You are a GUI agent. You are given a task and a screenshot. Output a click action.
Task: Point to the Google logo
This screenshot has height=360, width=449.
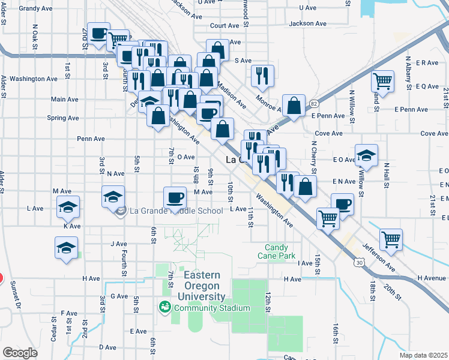(20, 353)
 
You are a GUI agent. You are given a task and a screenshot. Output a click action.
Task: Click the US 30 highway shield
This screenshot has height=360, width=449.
(359, 262)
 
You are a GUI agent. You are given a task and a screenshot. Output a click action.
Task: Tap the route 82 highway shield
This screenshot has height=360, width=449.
(315, 104)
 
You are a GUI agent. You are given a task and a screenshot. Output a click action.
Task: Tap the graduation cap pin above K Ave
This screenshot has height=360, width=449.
(68, 207)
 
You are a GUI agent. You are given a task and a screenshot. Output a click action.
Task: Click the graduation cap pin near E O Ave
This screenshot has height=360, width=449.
(366, 155)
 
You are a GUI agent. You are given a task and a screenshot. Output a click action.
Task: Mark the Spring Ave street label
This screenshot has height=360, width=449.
(63, 118)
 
